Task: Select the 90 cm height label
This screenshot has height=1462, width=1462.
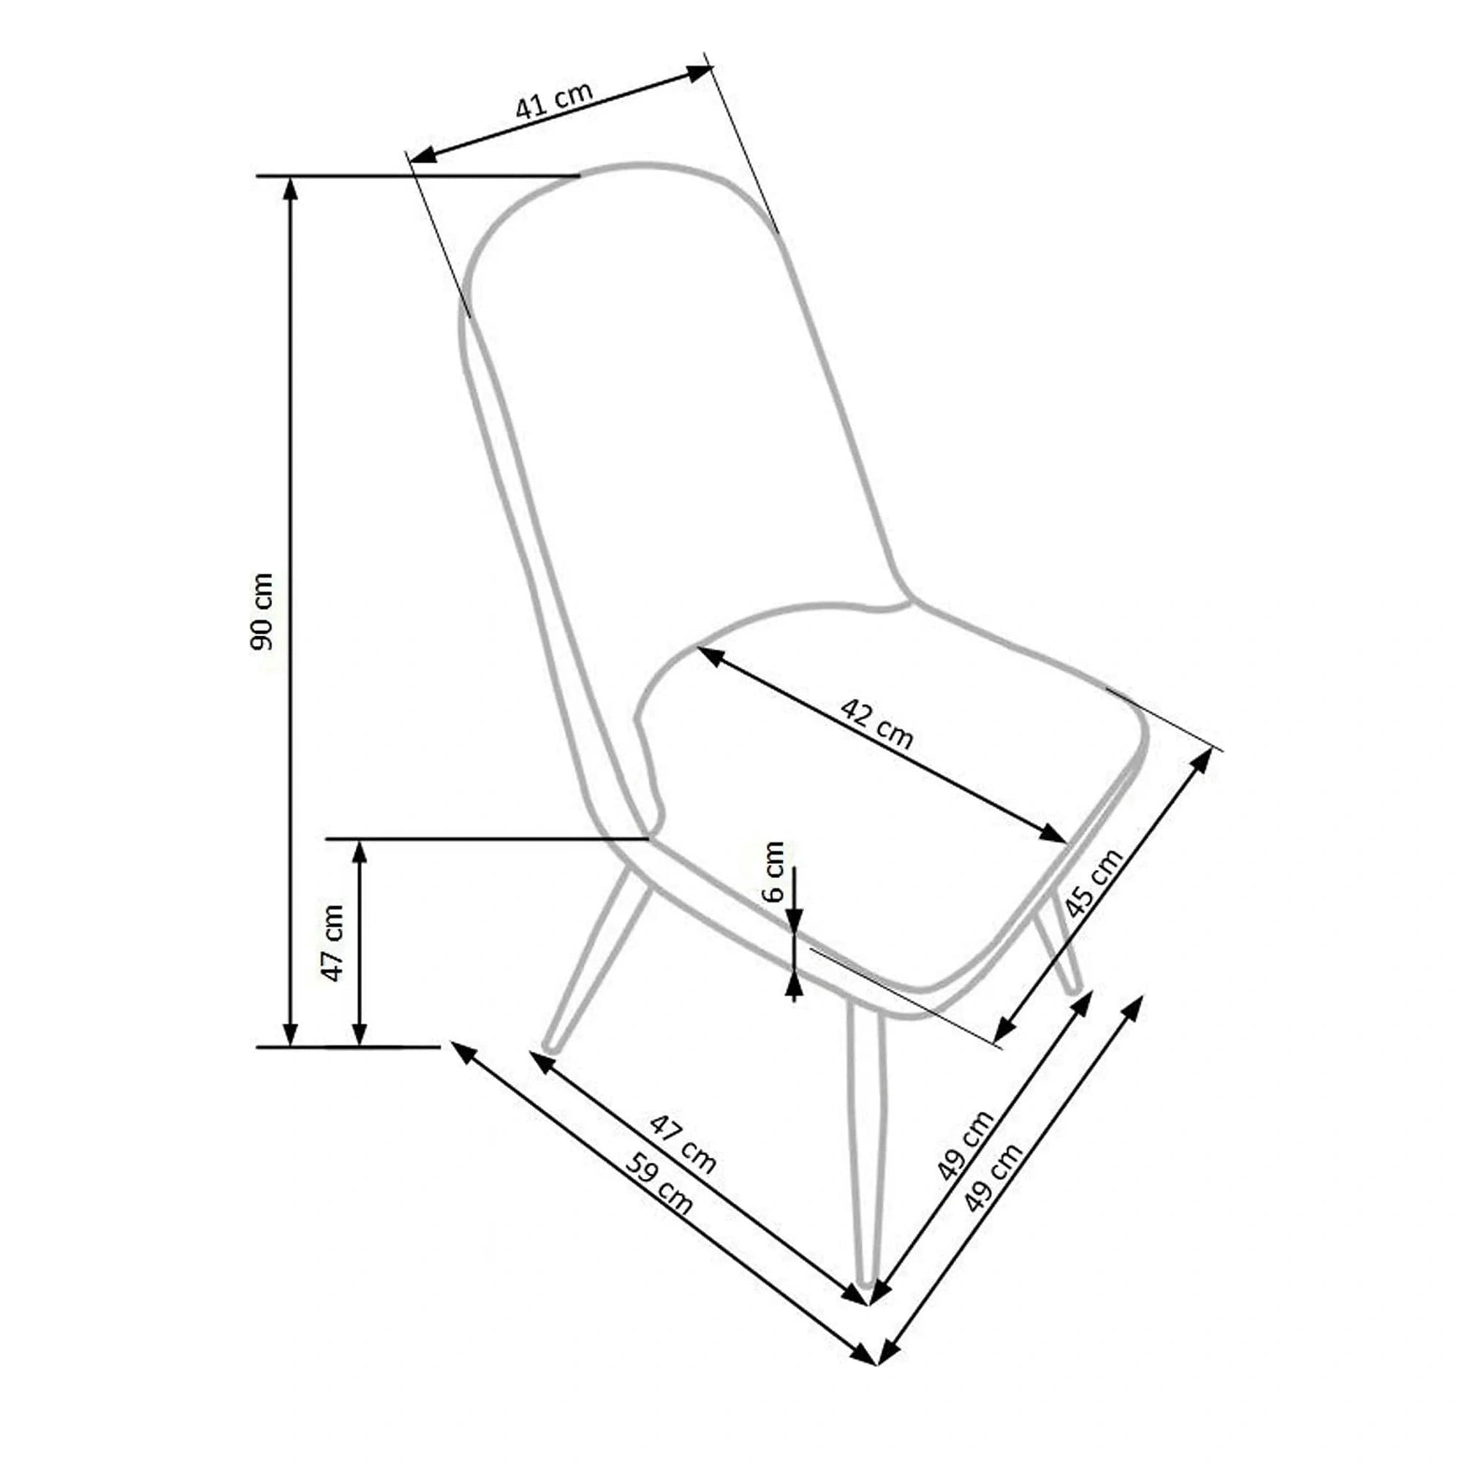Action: point(262,611)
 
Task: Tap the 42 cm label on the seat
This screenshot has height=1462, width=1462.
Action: point(877,724)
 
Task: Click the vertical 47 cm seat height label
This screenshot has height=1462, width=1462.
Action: point(333,943)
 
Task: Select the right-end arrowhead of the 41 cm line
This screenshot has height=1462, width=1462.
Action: point(700,72)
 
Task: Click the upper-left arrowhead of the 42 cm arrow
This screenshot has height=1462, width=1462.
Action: point(709,655)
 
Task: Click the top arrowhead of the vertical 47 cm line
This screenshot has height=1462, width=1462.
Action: point(360,851)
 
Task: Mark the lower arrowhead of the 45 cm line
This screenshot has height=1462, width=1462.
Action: point(1004,1031)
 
